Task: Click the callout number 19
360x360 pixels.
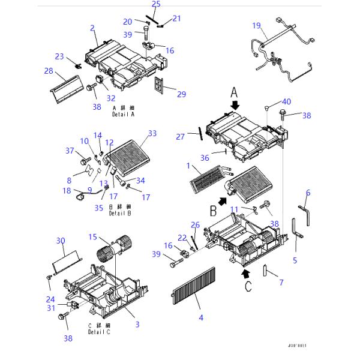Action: pos(256,26)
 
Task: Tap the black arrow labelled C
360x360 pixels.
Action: pos(245,274)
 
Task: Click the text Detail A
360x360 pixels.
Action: pos(124,113)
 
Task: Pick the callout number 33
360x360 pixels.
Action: pos(152,133)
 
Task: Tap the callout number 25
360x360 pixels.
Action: pos(156,4)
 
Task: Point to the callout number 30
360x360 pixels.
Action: pos(61,241)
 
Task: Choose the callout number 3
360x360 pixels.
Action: pos(137,325)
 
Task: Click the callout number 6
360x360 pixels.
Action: pos(308,193)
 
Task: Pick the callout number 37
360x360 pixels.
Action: pos(69,150)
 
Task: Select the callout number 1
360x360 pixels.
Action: pos(189,165)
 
